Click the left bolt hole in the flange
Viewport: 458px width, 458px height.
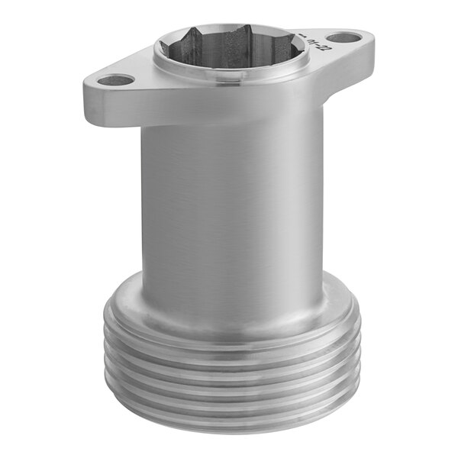click(116, 79)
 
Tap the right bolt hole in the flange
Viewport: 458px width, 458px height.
click(347, 36)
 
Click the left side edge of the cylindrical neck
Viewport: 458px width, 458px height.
click(143, 206)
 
